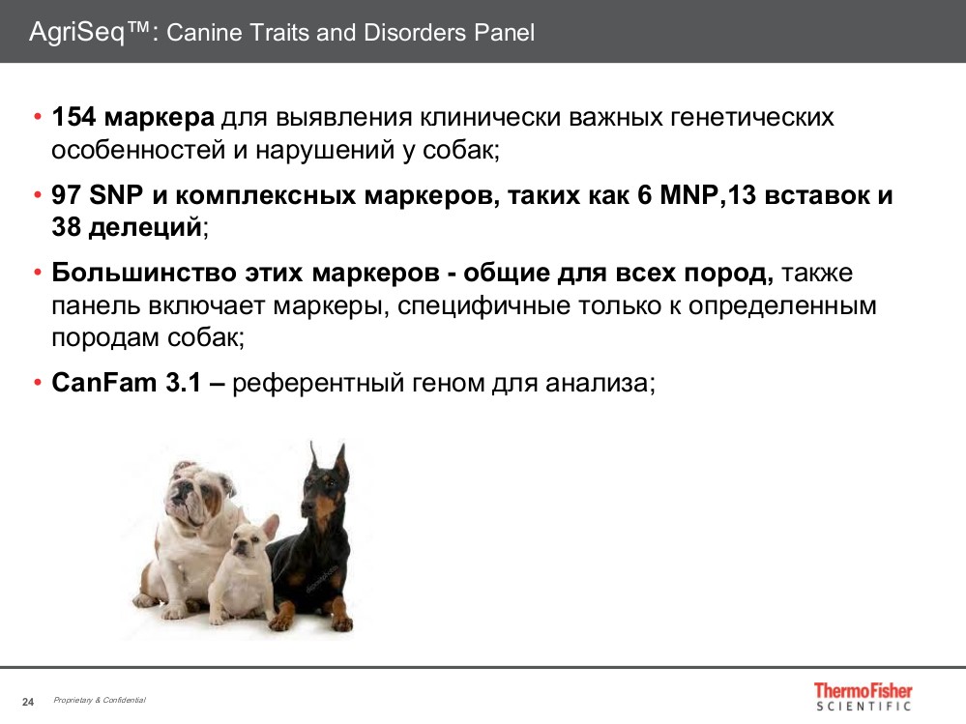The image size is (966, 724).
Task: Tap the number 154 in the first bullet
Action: click(x=73, y=118)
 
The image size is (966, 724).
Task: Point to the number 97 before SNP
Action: click(x=66, y=195)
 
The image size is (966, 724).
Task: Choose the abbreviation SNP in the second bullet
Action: click(x=116, y=195)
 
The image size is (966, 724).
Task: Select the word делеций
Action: click(x=145, y=228)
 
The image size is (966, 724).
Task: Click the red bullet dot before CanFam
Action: click(x=37, y=382)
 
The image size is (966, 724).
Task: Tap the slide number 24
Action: click(x=28, y=701)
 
